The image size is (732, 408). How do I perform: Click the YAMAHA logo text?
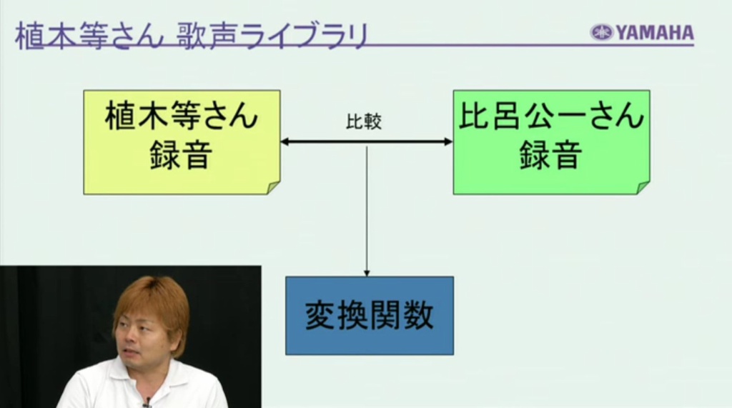(x=655, y=33)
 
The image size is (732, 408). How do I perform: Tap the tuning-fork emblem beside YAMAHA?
(x=601, y=33)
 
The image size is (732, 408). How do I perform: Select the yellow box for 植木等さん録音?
(x=182, y=142)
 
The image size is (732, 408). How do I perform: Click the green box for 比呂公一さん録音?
(x=551, y=142)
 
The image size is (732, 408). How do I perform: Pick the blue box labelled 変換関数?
(x=370, y=316)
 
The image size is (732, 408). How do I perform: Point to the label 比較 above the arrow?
(x=364, y=121)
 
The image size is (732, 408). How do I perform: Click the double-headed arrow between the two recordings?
(x=367, y=141)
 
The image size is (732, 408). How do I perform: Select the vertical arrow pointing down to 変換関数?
(x=367, y=211)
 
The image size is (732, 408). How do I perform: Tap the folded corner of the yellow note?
(x=273, y=188)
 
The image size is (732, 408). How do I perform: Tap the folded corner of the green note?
(x=643, y=188)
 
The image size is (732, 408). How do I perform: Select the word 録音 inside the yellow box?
(x=182, y=155)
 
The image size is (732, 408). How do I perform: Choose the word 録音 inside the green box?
(x=551, y=155)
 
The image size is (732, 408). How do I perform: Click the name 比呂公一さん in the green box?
(x=551, y=115)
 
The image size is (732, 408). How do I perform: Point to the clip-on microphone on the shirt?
(x=147, y=402)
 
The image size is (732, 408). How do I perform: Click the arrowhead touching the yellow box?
(x=285, y=141)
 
